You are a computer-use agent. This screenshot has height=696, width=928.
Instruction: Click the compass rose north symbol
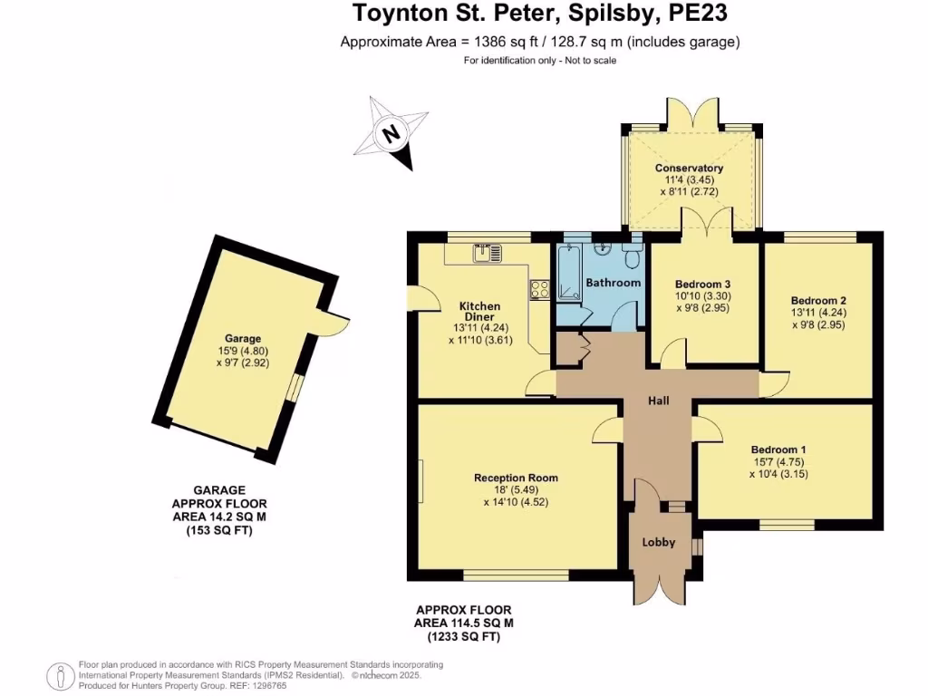[x=391, y=133]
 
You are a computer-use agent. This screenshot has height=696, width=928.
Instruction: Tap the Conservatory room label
[x=689, y=168]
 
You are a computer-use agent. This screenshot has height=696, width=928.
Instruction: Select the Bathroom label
[x=614, y=283]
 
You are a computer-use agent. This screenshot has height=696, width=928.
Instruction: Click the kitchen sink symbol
[x=487, y=254]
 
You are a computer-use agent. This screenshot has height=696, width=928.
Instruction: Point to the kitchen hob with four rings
[x=539, y=289]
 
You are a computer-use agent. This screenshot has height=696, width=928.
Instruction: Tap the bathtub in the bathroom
[x=569, y=273]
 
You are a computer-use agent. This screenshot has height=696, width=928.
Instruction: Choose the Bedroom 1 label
[x=778, y=449]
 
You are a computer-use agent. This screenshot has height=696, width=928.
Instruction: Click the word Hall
[x=658, y=401]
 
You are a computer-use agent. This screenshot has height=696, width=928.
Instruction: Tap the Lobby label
[x=659, y=542]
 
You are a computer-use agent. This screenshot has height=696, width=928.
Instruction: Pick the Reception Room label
[x=516, y=478]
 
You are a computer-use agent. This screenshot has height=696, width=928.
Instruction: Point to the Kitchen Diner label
[x=480, y=312]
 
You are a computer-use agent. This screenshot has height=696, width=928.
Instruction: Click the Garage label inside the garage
[x=243, y=339]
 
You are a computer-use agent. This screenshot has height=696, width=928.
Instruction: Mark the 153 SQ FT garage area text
[x=219, y=531]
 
